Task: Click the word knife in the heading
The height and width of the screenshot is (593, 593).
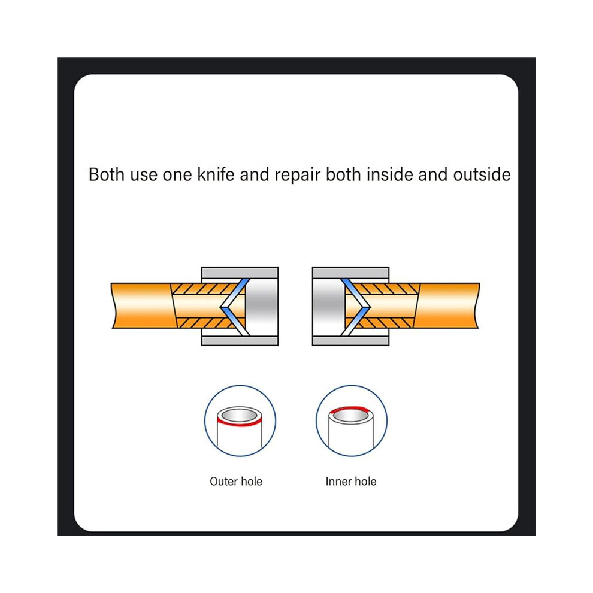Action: point(216,175)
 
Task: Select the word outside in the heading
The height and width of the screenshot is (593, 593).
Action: point(482,175)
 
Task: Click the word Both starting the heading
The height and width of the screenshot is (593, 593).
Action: point(107,175)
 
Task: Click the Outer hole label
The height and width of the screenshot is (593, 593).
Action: point(236,482)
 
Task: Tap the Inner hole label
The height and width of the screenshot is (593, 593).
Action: point(351,482)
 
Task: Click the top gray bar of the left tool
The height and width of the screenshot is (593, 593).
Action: point(240,273)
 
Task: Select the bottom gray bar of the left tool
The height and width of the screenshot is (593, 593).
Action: point(240,341)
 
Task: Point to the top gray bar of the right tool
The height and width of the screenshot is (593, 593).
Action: point(350,273)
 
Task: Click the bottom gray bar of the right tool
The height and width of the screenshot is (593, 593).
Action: point(350,341)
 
